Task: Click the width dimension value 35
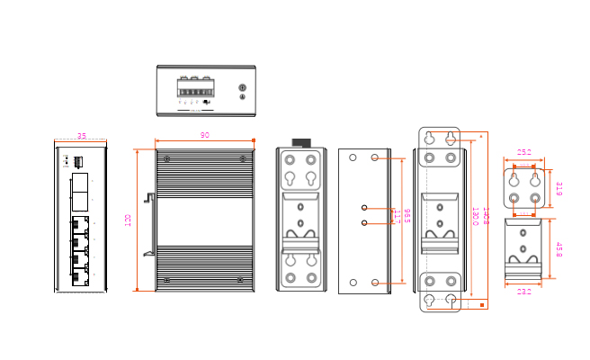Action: tap(81, 137)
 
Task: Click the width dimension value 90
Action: tap(205, 136)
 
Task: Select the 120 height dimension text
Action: tap(129, 220)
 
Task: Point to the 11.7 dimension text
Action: tap(393, 216)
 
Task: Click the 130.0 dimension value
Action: tap(475, 216)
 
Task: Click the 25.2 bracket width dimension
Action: tap(523, 152)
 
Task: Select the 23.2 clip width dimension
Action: tap(524, 291)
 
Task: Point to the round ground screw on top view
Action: tap(241, 87)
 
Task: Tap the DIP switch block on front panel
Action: tap(78, 162)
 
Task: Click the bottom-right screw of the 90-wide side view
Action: tap(243, 281)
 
